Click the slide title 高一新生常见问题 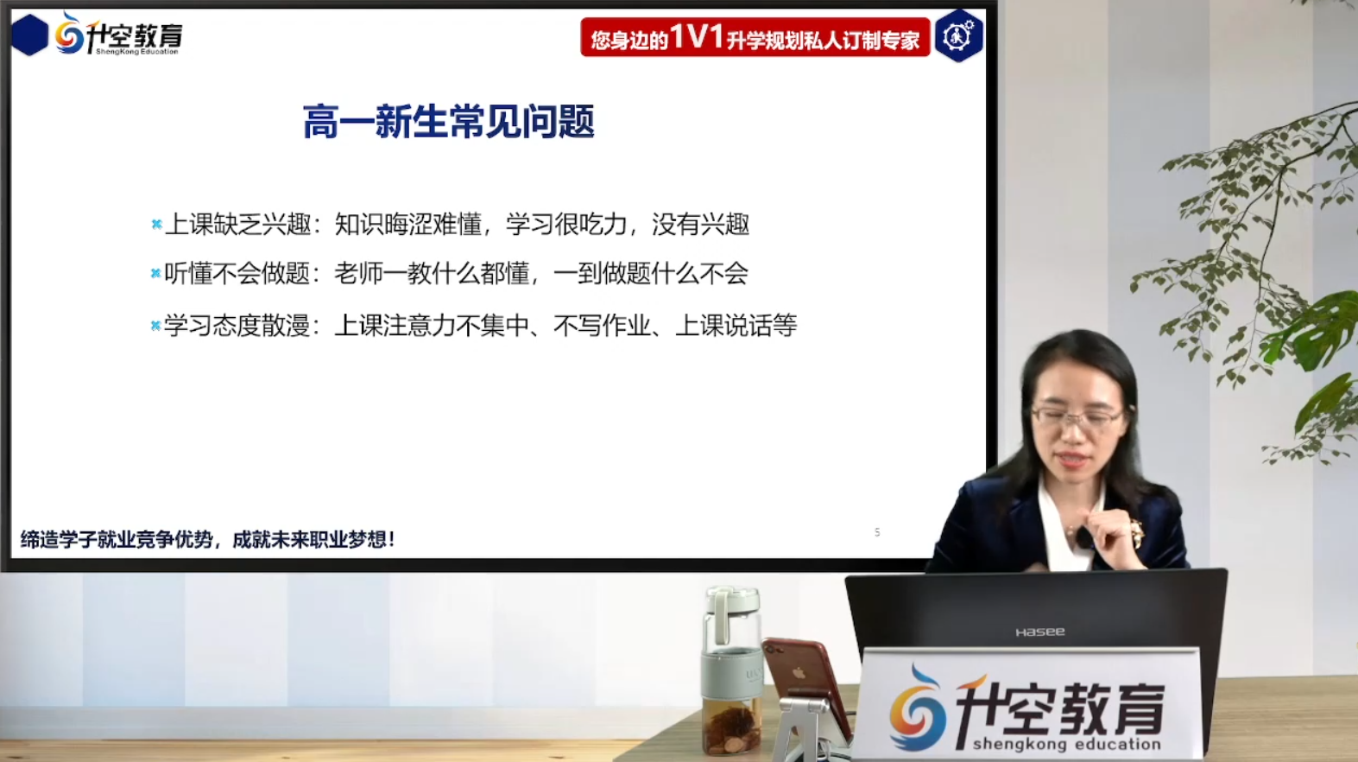(448, 122)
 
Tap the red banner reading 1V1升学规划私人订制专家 (755, 37)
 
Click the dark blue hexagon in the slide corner (29, 35)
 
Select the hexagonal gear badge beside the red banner (958, 36)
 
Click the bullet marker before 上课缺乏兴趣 (156, 225)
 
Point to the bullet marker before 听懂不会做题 (155, 274)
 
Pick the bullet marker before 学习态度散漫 (155, 326)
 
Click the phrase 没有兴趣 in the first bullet (700, 225)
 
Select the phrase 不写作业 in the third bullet (602, 326)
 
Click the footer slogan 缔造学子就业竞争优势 (117, 540)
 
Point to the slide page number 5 (877, 532)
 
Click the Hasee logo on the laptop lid (1039, 632)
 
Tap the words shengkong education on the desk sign (1066, 744)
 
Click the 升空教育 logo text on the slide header (134, 35)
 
